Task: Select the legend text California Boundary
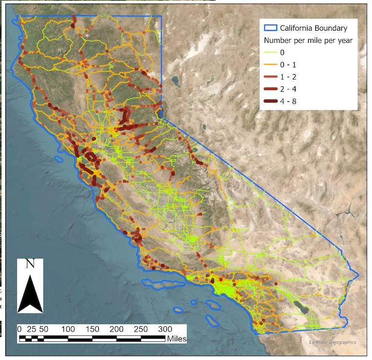pyautogui.click(x=316, y=28)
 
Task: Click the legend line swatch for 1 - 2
pyautogui.click(x=270, y=77)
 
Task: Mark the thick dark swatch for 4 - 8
pyautogui.click(x=270, y=101)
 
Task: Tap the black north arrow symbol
pyautogui.click(x=29, y=293)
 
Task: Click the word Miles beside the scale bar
pyautogui.click(x=174, y=339)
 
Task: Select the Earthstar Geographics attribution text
pyautogui.click(x=332, y=343)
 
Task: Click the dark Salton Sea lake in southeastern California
pyautogui.click(x=303, y=309)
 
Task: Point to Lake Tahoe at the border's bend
pyautogui.click(x=160, y=112)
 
